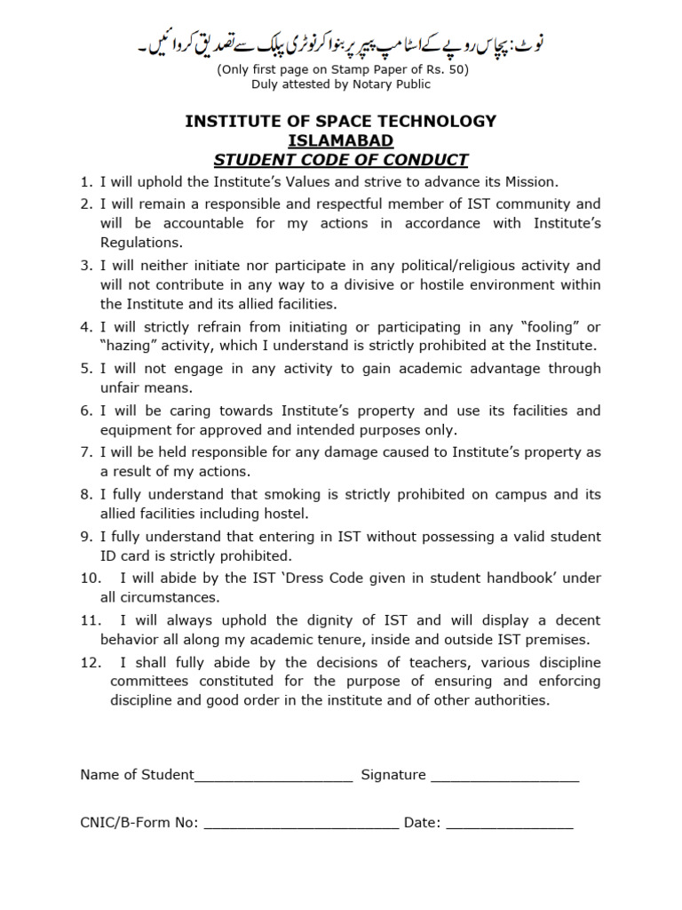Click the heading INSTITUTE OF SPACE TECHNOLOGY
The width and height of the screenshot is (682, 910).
click(341, 122)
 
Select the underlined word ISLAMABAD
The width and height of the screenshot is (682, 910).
click(341, 141)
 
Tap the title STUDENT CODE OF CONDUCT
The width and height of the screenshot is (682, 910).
click(341, 161)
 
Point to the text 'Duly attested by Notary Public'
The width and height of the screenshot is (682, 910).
click(341, 84)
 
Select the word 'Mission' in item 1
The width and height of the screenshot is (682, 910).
click(530, 182)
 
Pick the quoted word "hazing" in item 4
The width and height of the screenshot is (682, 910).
click(129, 346)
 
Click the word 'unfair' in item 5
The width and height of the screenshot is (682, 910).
click(120, 388)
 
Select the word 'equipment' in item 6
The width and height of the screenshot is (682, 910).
click(132, 430)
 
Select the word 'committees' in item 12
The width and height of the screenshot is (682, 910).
click(149, 682)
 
